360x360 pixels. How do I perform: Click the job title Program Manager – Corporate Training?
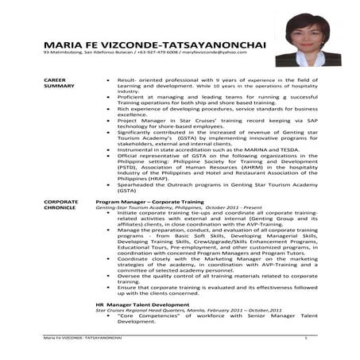pos(149,203)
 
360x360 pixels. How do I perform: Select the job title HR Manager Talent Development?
pos(142,304)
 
